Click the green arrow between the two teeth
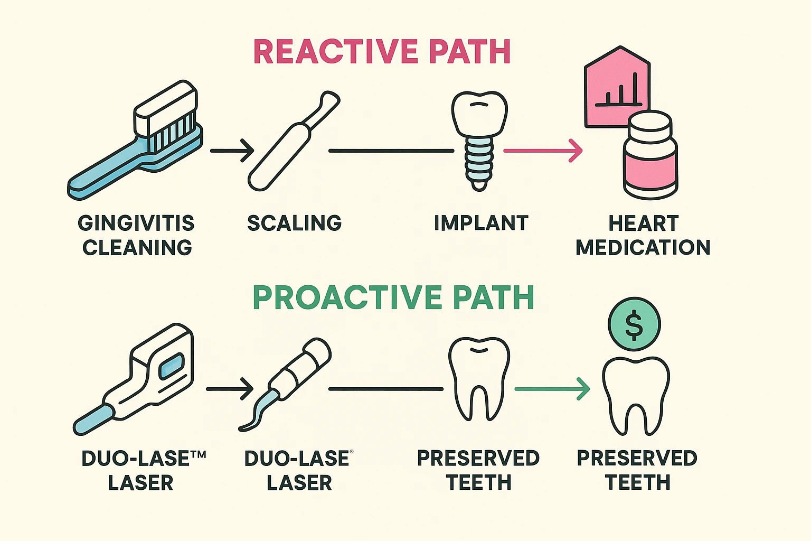[x=552, y=389]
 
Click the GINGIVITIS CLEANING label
[x=137, y=235]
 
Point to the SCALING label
[x=295, y=223]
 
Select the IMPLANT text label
[x=480, y=223]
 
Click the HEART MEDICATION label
[x=643, y=235]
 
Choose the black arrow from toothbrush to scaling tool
[x=232, y=151]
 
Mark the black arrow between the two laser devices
[x=230, y=389]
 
